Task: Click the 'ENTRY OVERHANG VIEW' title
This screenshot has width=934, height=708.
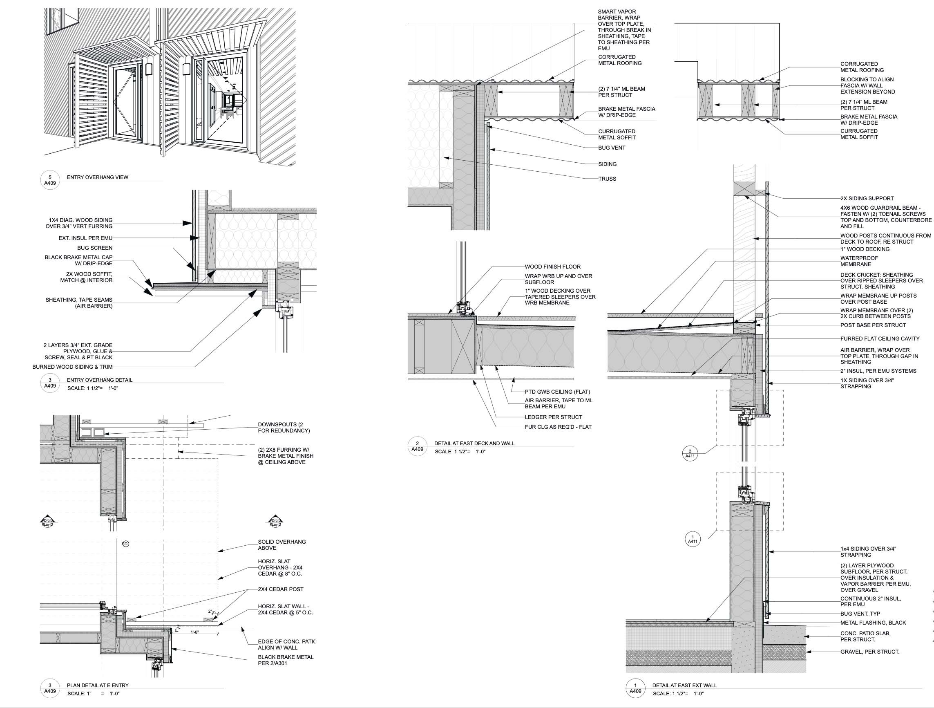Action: (x=97, y=177)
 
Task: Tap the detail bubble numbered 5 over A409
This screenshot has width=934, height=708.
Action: (x=50, y=180)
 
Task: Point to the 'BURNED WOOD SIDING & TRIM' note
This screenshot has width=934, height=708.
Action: (x=72, y=367)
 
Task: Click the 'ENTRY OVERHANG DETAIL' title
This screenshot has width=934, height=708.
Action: (x=99, y=380)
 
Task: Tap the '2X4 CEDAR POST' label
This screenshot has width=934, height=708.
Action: (x=280, y=589)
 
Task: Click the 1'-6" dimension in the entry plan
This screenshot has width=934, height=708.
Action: (x=194, y=632)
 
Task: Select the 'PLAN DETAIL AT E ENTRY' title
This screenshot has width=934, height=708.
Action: (x=98, y=686)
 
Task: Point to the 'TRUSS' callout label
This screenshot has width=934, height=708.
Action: (x=607, y=179)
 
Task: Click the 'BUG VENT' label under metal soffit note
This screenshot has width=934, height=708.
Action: (x=611, y=148)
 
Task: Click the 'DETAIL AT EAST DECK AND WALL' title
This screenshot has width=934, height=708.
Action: (x=474, y=444)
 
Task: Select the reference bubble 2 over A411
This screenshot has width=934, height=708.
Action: (x=690, y=454)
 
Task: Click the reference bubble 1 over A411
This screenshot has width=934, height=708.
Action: (x=693, y=540)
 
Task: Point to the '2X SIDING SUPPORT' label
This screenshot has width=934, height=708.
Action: (x=867, y=199)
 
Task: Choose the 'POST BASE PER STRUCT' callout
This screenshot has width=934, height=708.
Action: (x=873, y=325)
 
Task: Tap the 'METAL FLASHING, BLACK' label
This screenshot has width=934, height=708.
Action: (x=873, y=623)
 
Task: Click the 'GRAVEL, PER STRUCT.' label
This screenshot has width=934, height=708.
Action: (x=869, y=652)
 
